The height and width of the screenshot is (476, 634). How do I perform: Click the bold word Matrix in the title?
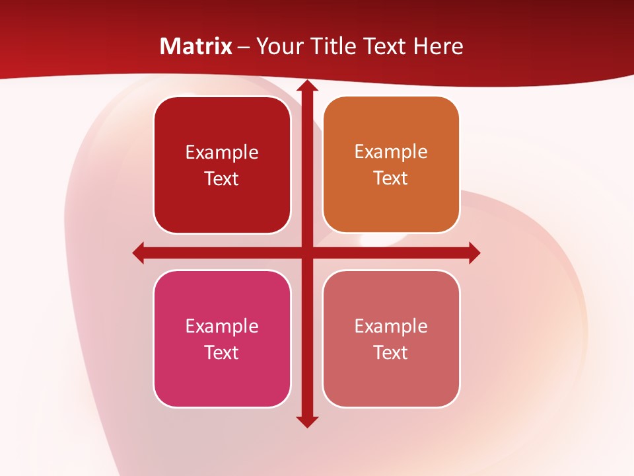(x=195, y=46)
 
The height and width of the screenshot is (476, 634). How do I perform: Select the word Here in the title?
(x=439, y=46)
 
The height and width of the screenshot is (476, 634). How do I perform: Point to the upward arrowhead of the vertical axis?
(x=306, y=87)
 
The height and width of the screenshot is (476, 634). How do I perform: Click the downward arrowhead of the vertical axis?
(x=306, y=421)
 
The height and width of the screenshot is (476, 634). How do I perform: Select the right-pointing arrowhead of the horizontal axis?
(x=474, y=253)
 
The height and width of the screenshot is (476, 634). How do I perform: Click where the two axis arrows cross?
(x=306, y=253)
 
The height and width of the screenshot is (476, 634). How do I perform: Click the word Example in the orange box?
(x=391, y=151)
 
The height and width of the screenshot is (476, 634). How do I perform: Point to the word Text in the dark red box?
(x=222, y=178)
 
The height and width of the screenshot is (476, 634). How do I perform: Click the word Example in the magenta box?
(x=222, y=326)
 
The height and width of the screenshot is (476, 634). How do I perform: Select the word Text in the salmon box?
(x=391, y=352)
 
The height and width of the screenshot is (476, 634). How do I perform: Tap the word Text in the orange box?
(x=391, y=178)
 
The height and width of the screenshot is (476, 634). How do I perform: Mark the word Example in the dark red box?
(x=222, y=152)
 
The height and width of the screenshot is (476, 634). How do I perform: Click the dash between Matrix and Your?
(x=244, y=47)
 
